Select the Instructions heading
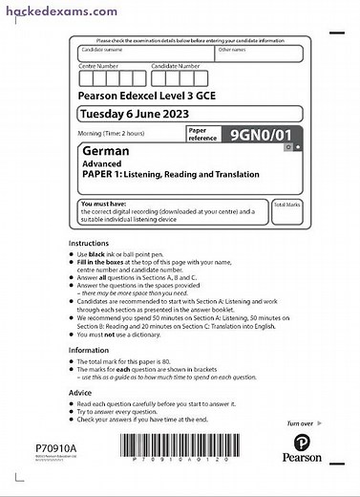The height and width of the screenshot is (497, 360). (90, 244)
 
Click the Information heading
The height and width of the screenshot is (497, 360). (89, 350)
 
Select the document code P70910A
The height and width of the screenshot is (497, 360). (55, 447)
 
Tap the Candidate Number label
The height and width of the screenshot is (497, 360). (177, 66)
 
